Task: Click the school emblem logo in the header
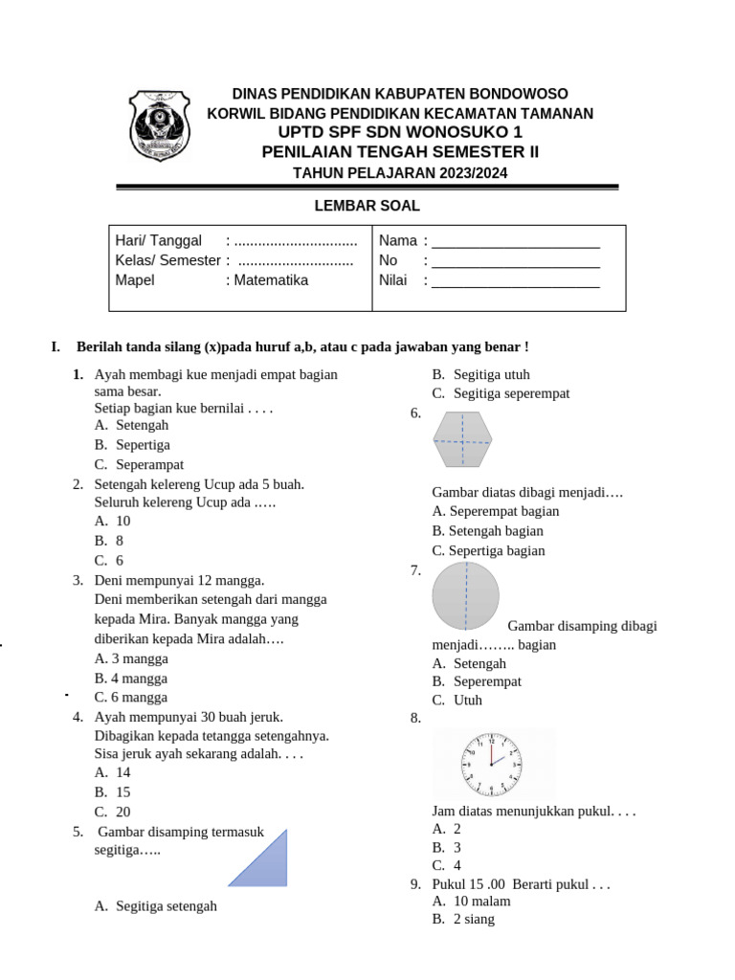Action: click(x=159, y=127)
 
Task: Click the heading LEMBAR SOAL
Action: click(x=367, y=206)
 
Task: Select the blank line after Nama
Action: click(x=515, y=241)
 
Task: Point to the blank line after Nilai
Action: click(x=515, y=281)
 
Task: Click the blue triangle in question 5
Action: click(x=257, y=858)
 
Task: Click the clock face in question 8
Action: click(x=492, y=765)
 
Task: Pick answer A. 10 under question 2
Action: click(x=113, y=522)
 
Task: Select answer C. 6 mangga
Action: click(x=131, y=698)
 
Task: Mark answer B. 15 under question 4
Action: click(x=113, y=792)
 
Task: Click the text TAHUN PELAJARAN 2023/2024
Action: click(x=400, y=173)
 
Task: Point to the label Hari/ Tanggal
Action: click(x=159, y=241)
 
